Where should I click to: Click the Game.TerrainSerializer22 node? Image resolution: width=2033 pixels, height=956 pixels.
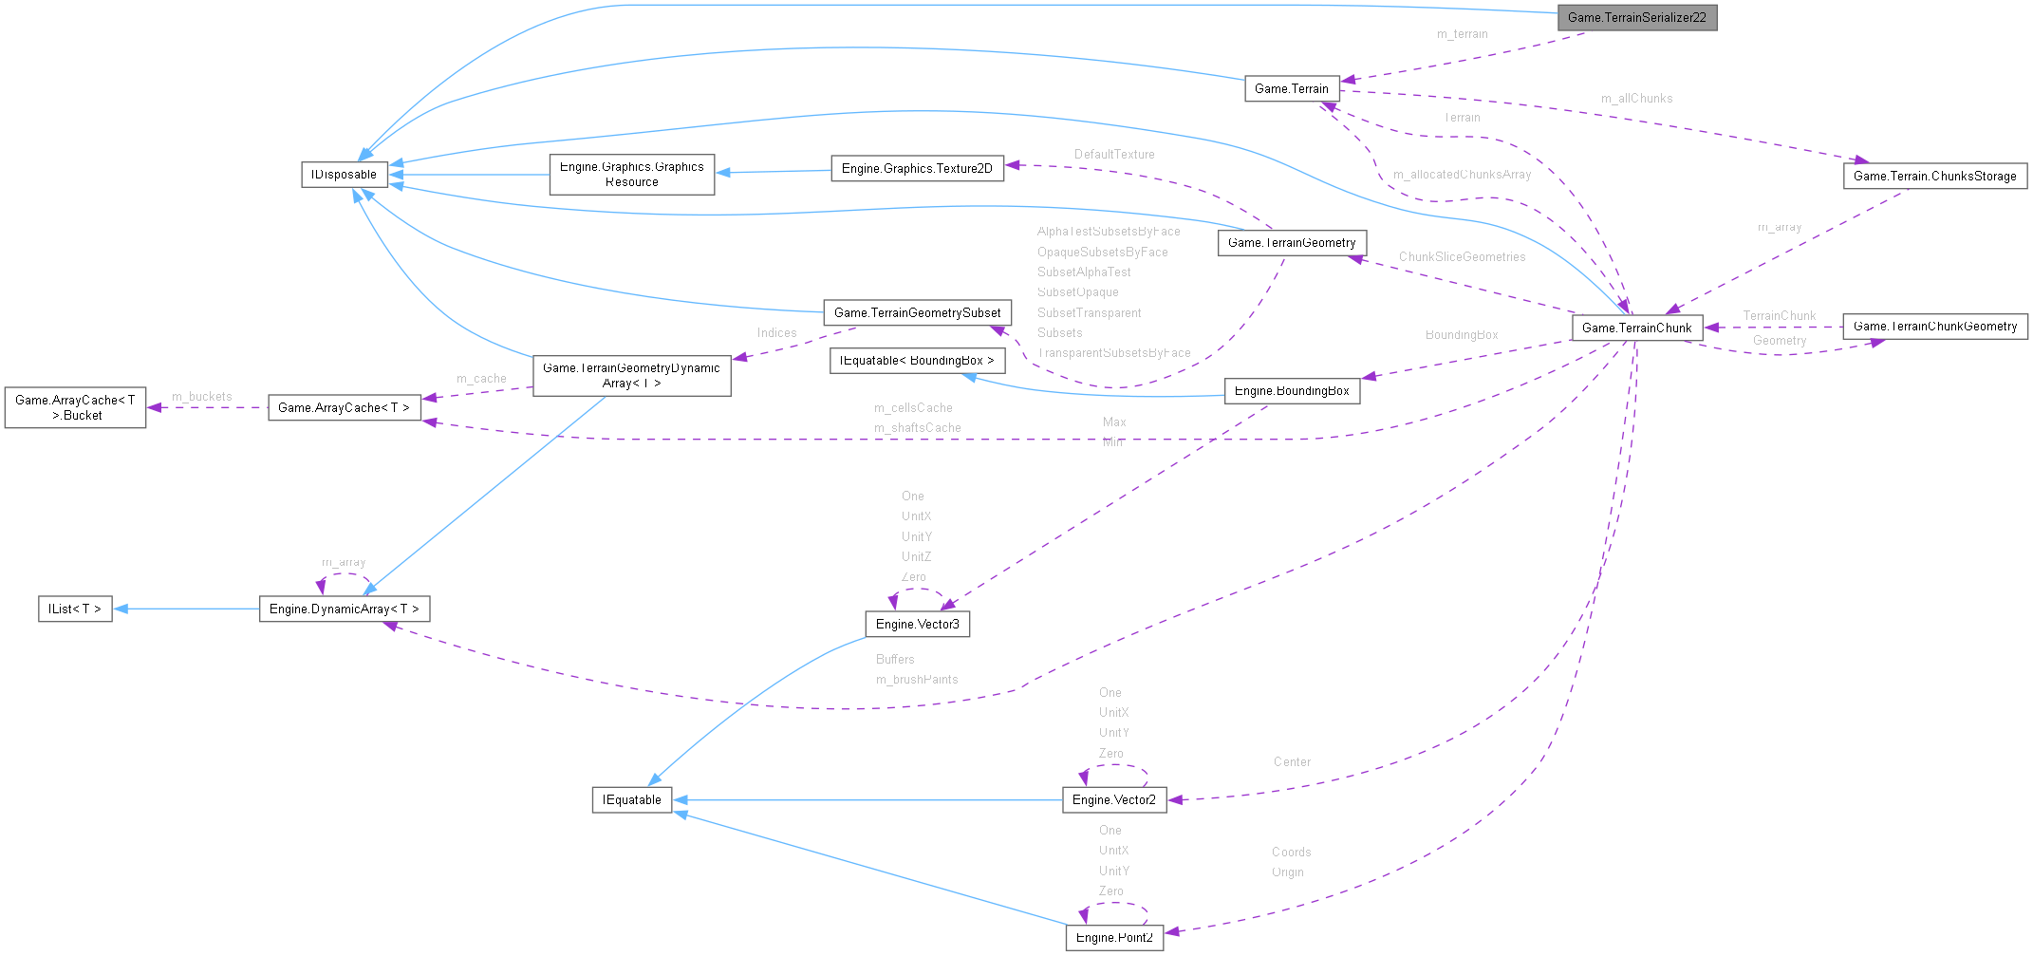click(1636, 17)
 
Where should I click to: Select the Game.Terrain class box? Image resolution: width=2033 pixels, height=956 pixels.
click(1292, 88)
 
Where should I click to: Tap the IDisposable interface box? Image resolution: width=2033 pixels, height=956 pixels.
click(344, 175)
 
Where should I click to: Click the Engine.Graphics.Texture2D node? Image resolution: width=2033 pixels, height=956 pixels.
click(917, 168)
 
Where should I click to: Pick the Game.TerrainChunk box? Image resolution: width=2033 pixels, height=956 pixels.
click(1636, 328)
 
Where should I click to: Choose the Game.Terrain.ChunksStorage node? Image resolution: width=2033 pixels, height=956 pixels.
click(1934, 176)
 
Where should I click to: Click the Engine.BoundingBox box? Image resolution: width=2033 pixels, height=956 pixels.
click(1292, 390)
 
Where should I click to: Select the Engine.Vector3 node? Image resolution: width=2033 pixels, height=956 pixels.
click(917, 624)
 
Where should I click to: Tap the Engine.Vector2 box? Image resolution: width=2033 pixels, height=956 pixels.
click(1113, 799)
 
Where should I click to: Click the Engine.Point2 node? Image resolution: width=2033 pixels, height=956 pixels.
click(1113, 937)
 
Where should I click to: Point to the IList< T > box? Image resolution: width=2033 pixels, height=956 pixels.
click(74, 609)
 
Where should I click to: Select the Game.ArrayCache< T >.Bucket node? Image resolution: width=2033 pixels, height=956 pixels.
click(75, 407)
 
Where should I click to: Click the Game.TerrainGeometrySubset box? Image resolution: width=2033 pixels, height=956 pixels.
click(917, 312)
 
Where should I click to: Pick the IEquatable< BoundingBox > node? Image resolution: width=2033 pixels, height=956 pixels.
click(917, 360)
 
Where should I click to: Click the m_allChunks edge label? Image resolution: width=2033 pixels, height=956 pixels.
click(1636, 99)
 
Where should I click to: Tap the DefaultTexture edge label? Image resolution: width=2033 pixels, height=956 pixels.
click(1114, 154)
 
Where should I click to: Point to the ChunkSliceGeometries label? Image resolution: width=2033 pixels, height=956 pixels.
click(1462, 257)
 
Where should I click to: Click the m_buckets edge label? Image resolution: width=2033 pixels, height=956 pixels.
click(201, 397)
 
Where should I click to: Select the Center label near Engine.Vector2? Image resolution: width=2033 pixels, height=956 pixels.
click(1292, 762)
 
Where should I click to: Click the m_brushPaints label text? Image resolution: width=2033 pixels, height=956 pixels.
click(917, 680)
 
